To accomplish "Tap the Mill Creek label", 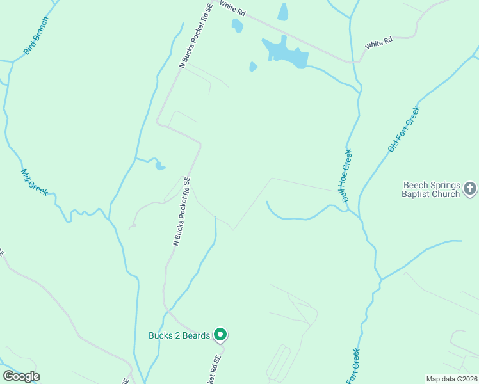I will pyautogui.click(x=35, y=182).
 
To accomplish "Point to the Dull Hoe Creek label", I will pyautogui.click(x=348, y=176).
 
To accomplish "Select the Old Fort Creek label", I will pyautogui.click(x=403, y=130).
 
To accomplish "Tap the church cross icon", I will pyautogui.click(x=470, y=189).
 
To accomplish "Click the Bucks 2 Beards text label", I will pyautogui.click(x=179, y=335).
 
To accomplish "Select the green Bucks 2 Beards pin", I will pyautogui.click(x=220, y=334).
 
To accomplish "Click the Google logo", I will pyautogui.click(x=21, y=376).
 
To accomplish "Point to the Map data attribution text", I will pyautogui.click(x=451, y=378).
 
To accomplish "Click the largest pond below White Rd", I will pyautogui.click(x=285, y=52).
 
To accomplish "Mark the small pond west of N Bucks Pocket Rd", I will pyautogui.click(x=159, y=166).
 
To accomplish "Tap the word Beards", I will pyautogui.click(x=197, y=335).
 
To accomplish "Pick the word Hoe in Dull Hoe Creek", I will pyautogui.click(x=348, y=175).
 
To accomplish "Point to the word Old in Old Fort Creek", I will pyautogui.click(x=392, y=145).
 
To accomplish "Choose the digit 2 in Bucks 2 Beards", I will pyautogui.click(x=178, y=335).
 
